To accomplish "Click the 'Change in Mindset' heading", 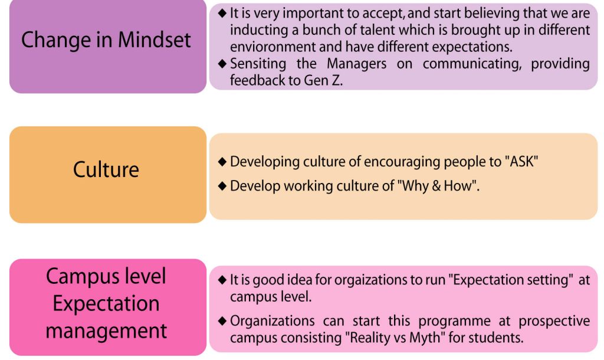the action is [106, 40].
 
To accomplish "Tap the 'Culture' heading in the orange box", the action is [106, 169].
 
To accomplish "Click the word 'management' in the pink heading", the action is [106, 331].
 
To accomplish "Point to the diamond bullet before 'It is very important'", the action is [222, 13].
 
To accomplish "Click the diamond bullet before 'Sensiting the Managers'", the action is [222, 63].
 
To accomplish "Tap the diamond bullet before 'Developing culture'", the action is [222, 162].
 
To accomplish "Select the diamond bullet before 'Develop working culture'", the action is [222, 186].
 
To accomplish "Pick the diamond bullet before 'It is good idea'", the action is [222, 280].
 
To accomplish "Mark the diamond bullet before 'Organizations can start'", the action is [222, 320].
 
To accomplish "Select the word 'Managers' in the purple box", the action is [356, 64].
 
